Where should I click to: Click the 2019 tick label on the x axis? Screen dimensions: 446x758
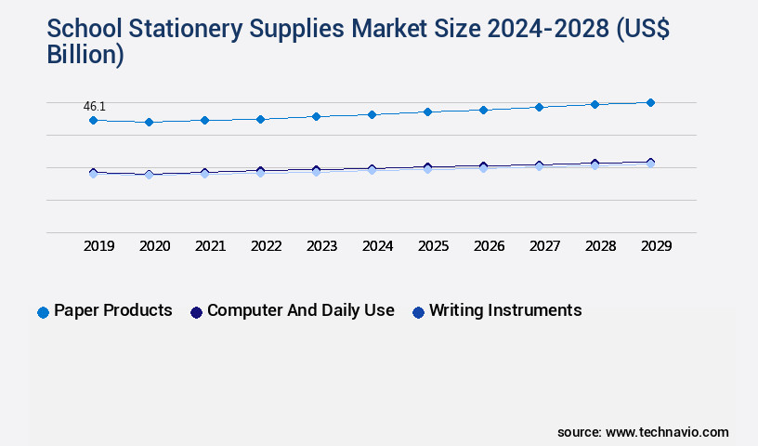tap(98, 246)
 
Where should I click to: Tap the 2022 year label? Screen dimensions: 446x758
tap(266, 246)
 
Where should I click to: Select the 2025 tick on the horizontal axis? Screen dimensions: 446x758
tap(433, 246)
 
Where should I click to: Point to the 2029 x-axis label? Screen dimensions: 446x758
tap(656, 246)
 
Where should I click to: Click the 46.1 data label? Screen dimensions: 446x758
tap(95, 107)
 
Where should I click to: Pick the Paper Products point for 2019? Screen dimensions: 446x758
tap(93, 120)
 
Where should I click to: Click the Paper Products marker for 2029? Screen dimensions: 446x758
tap(650, 102)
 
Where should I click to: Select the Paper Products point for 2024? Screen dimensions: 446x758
tap(372, 114)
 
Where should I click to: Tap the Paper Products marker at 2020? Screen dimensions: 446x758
tap(149, 122)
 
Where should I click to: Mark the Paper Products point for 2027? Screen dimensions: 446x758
tap(539, 107)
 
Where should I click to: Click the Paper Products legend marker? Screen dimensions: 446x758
tap(43, 312)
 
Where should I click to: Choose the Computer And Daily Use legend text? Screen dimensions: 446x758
tap(300, 310)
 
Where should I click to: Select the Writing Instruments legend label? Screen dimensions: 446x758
tap(504, 310)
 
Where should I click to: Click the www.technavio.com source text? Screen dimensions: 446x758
tap(667, 432)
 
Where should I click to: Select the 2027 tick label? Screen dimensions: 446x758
tap(544, 246)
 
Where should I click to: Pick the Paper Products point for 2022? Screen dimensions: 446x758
tap(260, 119)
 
